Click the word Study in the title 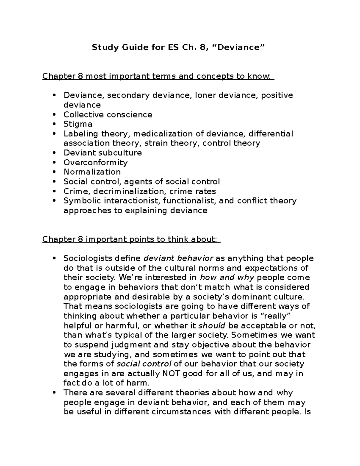point(103,47)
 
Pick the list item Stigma point(78,124)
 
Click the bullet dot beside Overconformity point(54,163)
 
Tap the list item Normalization point(92,172)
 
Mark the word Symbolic point(80,201)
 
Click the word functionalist point(189,201)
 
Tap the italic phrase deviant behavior point(178,258)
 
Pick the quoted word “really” point(276,316)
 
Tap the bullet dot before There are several point(54,393)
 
